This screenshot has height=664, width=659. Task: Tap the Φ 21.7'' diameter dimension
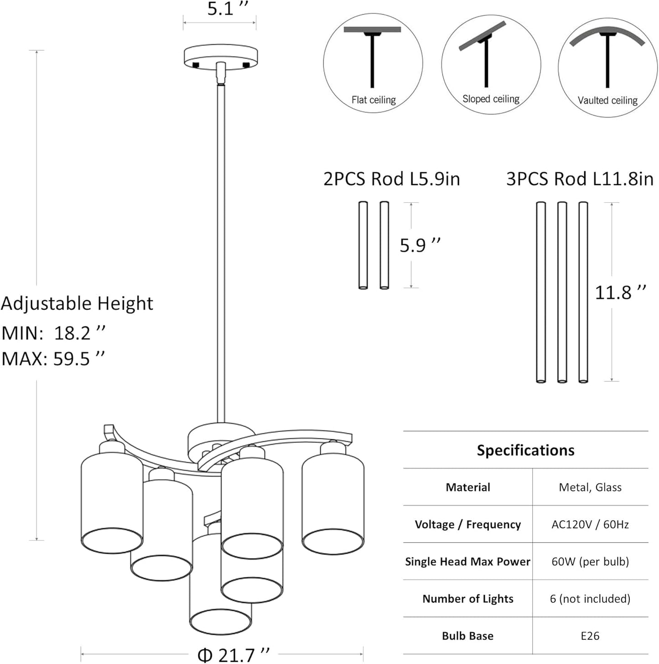point(233,655)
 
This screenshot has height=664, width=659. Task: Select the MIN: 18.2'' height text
point(53,333)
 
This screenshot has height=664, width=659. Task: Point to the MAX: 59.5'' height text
point(53,359)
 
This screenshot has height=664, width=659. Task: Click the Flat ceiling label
point(374,100)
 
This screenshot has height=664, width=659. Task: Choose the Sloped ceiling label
point(491,99)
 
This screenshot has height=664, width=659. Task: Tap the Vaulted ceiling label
point(607,100)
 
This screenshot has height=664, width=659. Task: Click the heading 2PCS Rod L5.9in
point(391,179)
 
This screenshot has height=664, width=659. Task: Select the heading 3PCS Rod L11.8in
point(579,179)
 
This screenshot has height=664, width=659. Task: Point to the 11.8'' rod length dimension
point(620,292)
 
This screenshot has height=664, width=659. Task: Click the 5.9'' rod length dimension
point(420,245)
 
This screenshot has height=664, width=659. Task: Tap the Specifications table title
point(525,450)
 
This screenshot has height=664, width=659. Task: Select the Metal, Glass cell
point(590,487)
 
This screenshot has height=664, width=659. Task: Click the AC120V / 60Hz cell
point(590,525)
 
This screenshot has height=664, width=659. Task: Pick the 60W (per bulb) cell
point(590,561)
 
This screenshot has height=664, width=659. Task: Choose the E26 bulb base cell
point(590,636)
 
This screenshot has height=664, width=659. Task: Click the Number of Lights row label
point(467,599)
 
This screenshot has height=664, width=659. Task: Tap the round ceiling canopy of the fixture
point(221,57)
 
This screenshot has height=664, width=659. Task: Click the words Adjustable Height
point(77,304)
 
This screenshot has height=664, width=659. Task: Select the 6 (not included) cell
point(590,599)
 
